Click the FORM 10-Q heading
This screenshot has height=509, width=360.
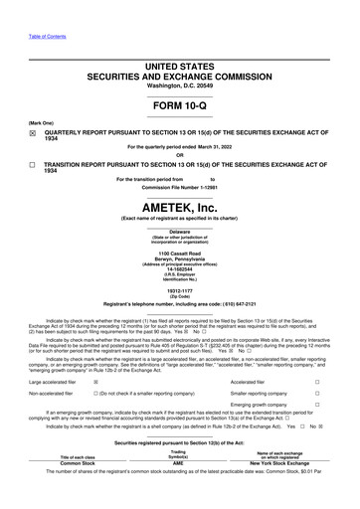179,106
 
